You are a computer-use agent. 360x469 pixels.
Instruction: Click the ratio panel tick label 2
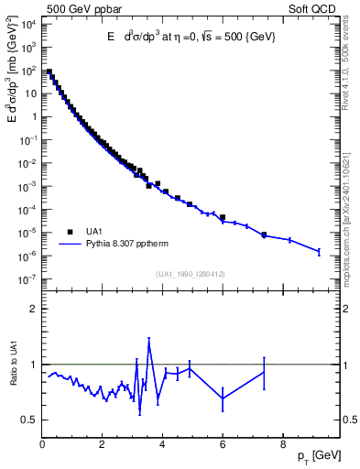(x=34, y=309)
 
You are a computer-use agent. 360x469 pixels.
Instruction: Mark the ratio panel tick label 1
(x=34, y=365)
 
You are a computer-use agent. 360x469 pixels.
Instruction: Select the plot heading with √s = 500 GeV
(x=191, y=37)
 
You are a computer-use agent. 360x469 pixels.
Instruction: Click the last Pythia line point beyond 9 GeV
(x=319, y=251)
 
